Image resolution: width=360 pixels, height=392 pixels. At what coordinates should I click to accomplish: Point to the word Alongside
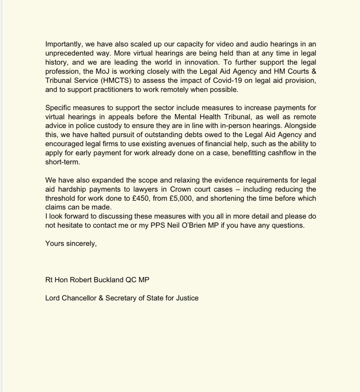(300, 126)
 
